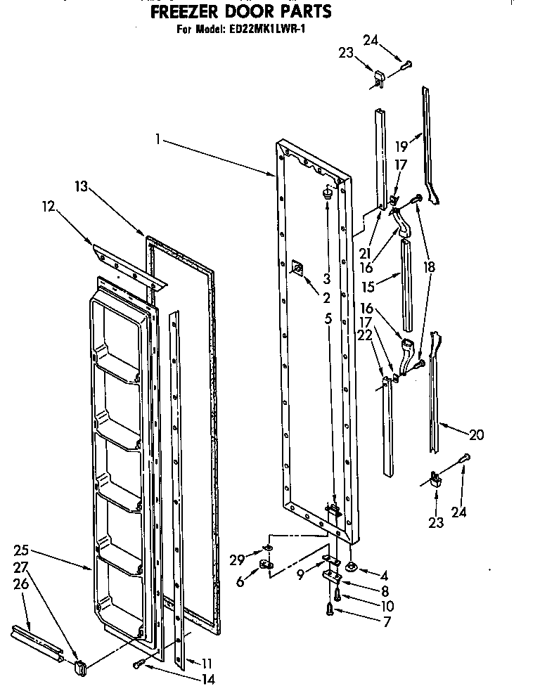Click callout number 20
(476, 435)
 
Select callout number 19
(401, 148)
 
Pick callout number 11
(206, 662)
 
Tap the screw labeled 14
(138, 664)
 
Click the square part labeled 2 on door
(297, 267)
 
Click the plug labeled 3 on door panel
(327, 193)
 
